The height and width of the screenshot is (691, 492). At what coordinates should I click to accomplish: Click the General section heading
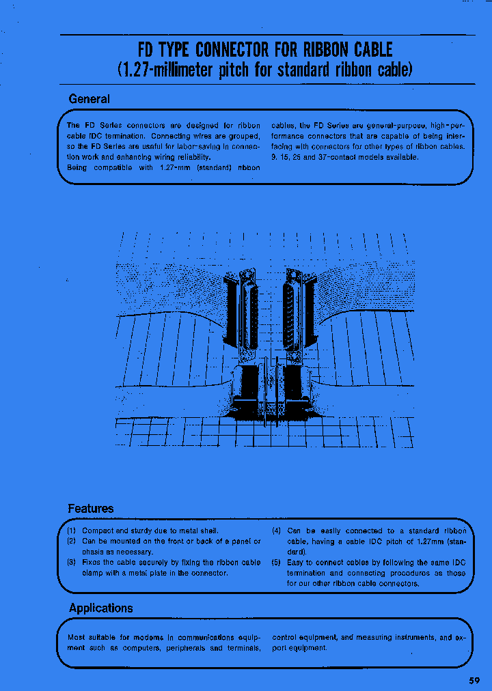(x=89, y=99)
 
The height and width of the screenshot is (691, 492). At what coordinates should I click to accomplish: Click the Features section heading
(x=90, y=509)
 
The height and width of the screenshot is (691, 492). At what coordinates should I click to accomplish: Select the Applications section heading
(x=100, y=608)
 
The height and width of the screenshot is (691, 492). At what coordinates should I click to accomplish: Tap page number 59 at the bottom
(x=474, y=680)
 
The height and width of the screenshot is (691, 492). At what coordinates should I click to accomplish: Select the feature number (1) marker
(x=72, y=531)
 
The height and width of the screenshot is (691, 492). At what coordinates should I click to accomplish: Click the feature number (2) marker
(x=72, y=541)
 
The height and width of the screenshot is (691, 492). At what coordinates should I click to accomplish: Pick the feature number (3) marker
(x=72, y=563)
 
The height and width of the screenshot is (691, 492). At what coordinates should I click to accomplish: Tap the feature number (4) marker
(x=277, y=531)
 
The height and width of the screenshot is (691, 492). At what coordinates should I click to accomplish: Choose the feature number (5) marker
(x=277, y=563)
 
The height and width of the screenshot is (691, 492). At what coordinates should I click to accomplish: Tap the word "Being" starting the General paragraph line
(x=77, y=167)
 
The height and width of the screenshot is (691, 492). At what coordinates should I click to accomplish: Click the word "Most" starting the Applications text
(x=77, y=637)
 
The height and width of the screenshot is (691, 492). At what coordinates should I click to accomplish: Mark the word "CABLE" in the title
(x=373, y=49)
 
